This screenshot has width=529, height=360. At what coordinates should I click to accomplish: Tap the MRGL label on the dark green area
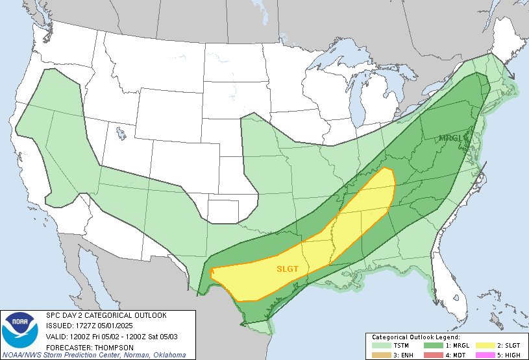tap(450, 138)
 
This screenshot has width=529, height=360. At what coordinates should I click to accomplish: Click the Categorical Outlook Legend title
tap(415, 338)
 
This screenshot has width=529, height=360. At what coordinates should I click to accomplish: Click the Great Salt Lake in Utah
tap(121, 134)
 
